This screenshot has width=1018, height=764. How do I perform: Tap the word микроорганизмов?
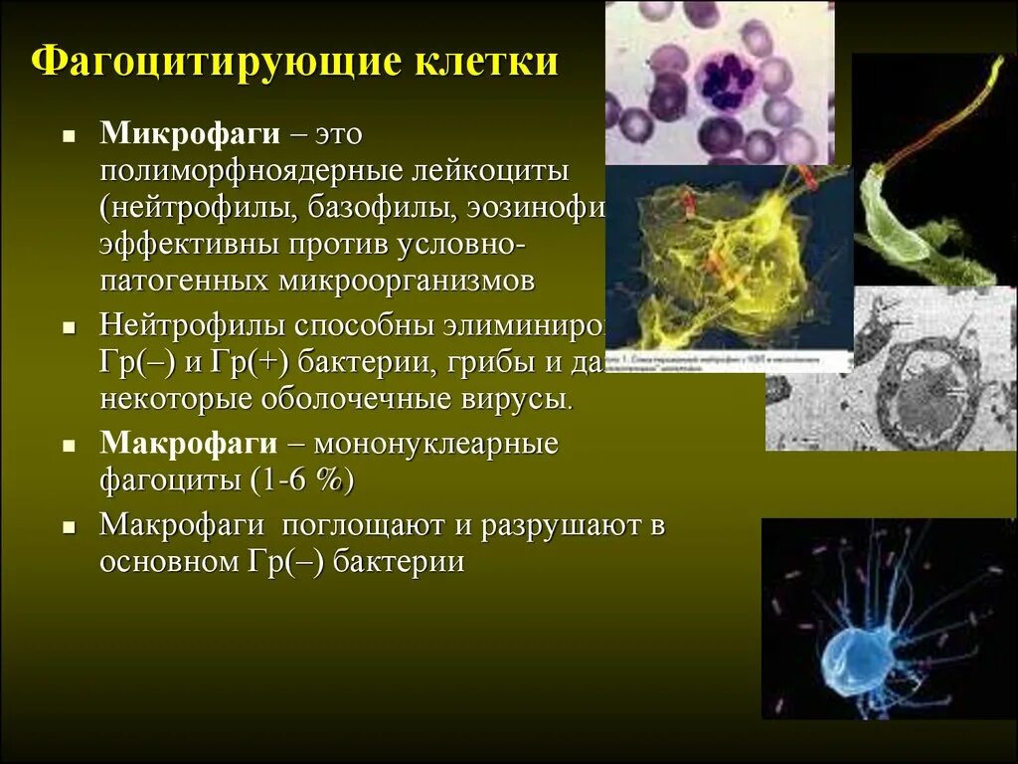click(x=404, y=281)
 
